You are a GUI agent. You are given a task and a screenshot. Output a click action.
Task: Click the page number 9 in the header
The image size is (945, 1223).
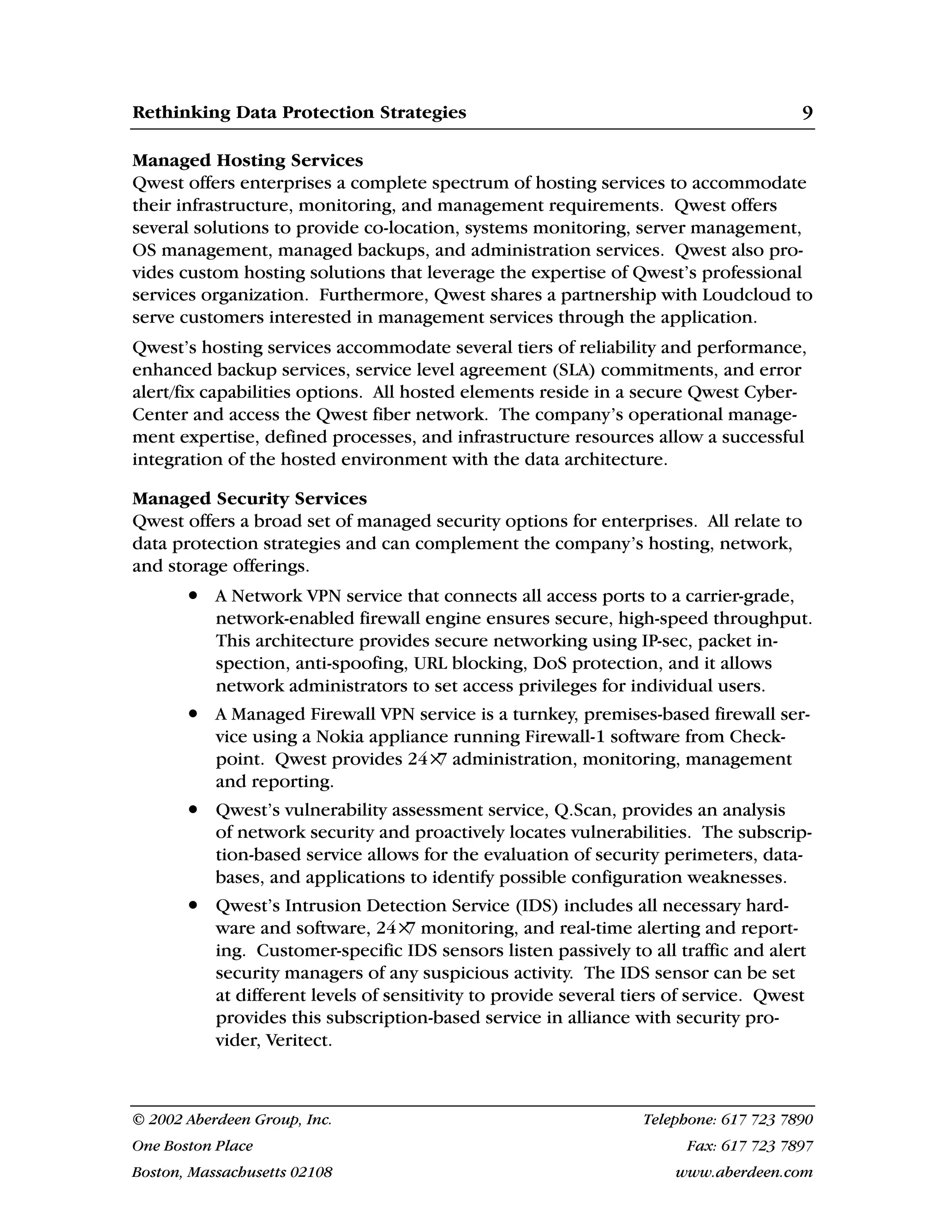pos(807,113)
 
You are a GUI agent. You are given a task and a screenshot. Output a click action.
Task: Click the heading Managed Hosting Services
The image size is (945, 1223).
pos(247,161)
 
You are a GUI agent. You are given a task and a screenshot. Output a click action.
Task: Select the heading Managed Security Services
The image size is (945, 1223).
pos(249,498)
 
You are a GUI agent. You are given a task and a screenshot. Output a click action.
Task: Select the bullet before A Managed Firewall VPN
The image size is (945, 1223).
pos(194,714)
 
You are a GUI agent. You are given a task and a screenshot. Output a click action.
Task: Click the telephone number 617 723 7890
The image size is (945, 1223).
pos(767,1120)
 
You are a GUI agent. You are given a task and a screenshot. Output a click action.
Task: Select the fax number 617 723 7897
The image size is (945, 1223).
pos(767,1146)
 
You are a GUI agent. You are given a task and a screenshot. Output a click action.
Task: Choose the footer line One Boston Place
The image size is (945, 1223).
pos(192,1146)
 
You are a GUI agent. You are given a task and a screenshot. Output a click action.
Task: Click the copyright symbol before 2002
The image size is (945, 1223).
pos(138,1120)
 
